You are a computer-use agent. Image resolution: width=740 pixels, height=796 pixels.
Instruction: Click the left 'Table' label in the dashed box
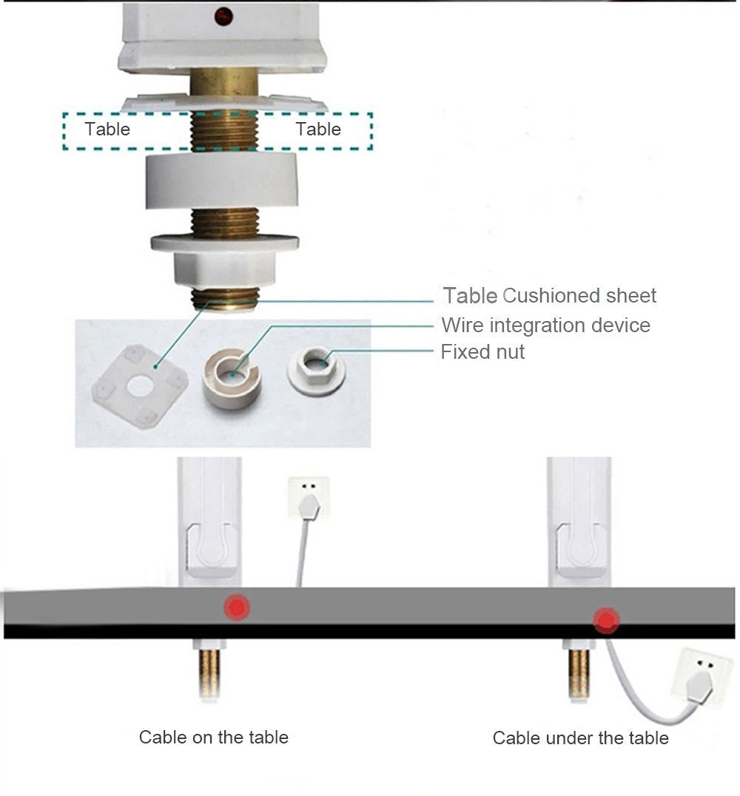click(x=107, y=129)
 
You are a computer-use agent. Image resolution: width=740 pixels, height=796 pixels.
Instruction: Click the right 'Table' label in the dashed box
click(x=318, y=129)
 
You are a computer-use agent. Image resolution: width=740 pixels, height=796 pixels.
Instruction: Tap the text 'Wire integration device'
click(x=545, y=326)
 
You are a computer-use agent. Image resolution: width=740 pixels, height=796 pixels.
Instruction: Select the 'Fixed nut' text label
click(x=482, y=352)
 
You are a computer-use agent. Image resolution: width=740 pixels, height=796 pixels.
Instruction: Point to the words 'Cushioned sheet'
click(x=579, y=296)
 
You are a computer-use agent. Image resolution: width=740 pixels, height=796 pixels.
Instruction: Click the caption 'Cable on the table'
click(x=214, y=737)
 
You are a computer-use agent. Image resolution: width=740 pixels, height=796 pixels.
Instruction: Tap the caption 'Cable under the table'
click(x=580, y=738)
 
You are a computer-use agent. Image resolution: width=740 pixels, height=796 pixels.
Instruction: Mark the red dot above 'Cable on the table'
click(x=238, y=607)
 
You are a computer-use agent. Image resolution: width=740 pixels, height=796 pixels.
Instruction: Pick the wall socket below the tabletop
click(x=700, y=678)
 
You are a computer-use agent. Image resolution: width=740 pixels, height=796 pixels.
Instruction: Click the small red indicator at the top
click(x=221, y=15)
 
